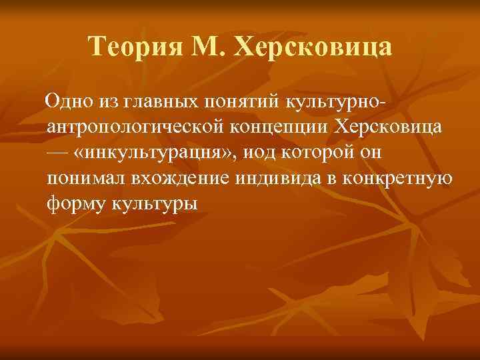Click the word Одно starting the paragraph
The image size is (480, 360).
[65, 102]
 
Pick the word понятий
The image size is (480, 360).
[241, 102]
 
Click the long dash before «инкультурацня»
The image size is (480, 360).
[59, 152]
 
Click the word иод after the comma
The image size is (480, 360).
[259, 152]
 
